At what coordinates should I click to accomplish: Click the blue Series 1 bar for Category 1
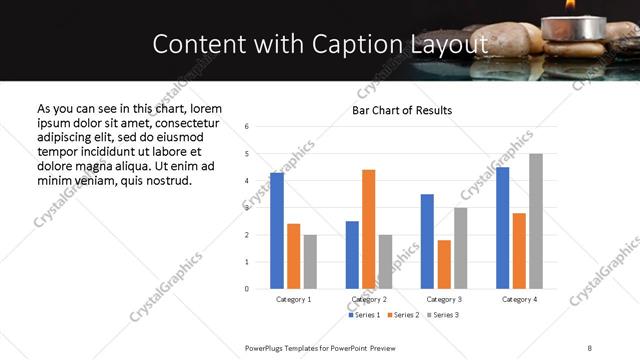point(277,231)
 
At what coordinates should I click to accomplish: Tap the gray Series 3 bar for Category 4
point(536,221)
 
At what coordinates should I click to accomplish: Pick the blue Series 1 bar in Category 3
point(427,241)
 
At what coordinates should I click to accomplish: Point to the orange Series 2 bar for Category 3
point(444,264)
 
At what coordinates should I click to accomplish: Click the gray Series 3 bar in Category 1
point(310,262)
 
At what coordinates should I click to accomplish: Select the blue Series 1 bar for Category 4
point(503,228)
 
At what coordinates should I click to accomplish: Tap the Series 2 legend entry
point(404,315)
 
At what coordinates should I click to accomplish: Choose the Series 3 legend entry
point(444,315)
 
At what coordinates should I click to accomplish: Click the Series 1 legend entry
point(364,315)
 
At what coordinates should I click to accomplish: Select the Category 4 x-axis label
point(519,299)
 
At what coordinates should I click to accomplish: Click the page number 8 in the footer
point(590,347)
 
